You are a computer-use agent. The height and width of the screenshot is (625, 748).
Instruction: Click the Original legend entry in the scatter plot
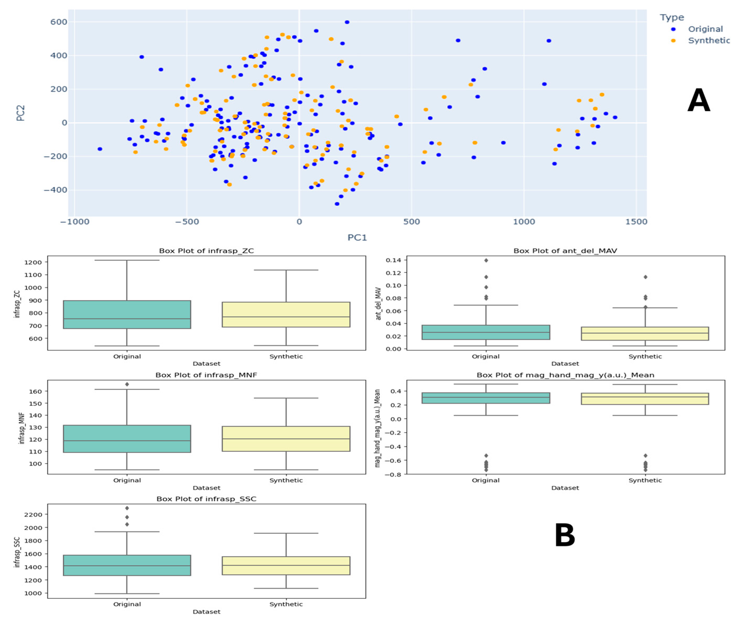(x=705, y=29)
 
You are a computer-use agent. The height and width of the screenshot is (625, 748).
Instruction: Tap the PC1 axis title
(x=357, y=237)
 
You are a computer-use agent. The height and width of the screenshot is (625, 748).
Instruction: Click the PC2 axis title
(x=21, y=113)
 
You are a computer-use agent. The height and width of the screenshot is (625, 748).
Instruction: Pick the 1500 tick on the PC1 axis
(x=636, y=222)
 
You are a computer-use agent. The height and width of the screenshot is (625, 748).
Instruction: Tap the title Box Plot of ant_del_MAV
(x=565, y=251)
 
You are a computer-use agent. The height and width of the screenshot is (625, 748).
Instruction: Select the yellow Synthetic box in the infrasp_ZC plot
(x=286, y=314)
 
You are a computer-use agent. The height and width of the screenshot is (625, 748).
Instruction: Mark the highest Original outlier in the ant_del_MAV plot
(x=486, y=260)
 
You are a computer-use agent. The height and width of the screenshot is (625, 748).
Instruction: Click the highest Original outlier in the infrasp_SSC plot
(x=127, y=508)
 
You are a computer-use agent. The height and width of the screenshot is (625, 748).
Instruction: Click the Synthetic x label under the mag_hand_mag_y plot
(x=645, y=480)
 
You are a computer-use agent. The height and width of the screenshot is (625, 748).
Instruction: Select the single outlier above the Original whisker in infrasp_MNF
(x=127, y=384)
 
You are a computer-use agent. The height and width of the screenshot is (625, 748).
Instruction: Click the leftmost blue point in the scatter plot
(x=100, y=149)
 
